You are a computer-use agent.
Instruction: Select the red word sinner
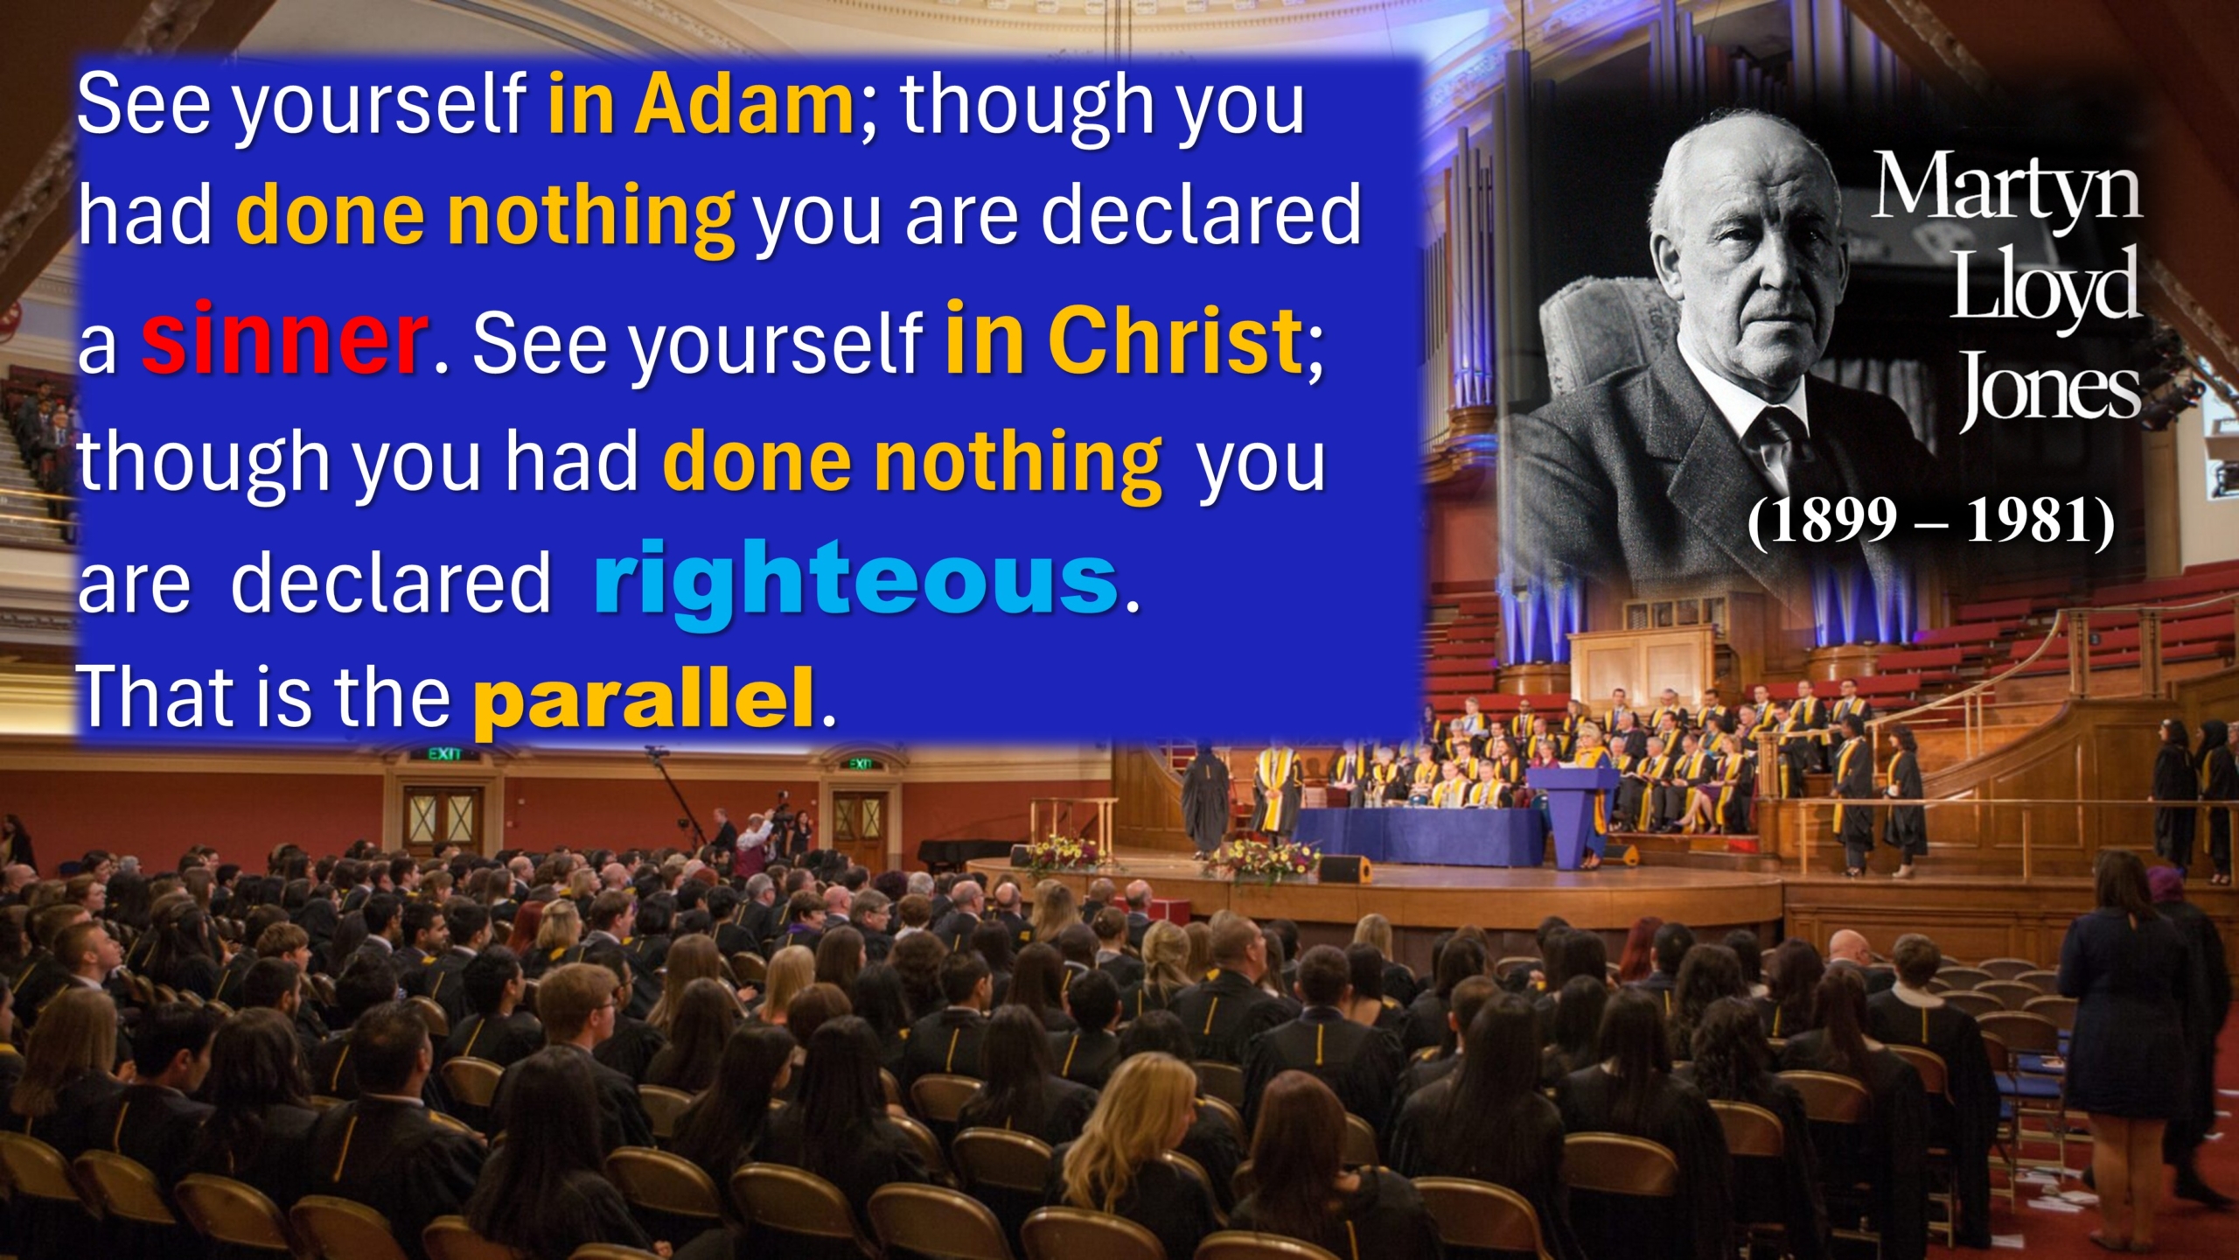tap(284, 338)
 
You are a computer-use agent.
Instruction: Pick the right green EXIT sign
tap(861, 764)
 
